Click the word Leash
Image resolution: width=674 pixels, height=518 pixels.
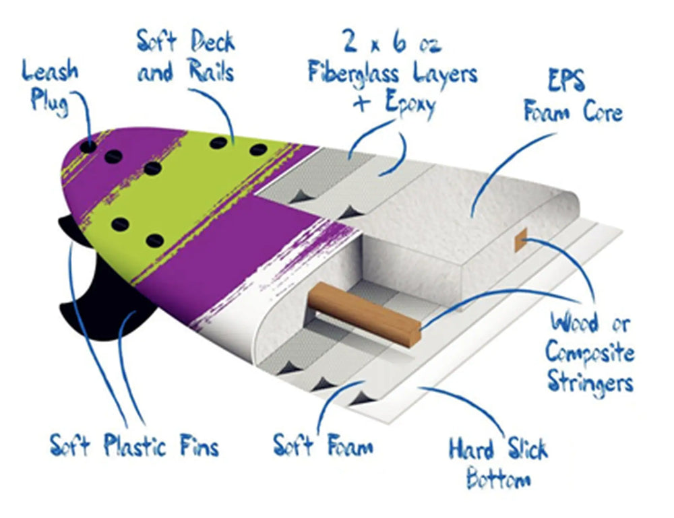click(x=51, y=71)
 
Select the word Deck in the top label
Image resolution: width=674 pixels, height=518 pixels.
click(x=210, y=42)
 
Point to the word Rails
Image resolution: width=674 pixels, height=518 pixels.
click(x=206, y=71)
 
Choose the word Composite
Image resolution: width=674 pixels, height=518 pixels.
click(x=590, y=352)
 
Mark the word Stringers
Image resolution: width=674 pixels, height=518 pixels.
click(x=590, y=381)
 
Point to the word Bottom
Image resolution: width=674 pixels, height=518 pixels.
click(x=498, y=480)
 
